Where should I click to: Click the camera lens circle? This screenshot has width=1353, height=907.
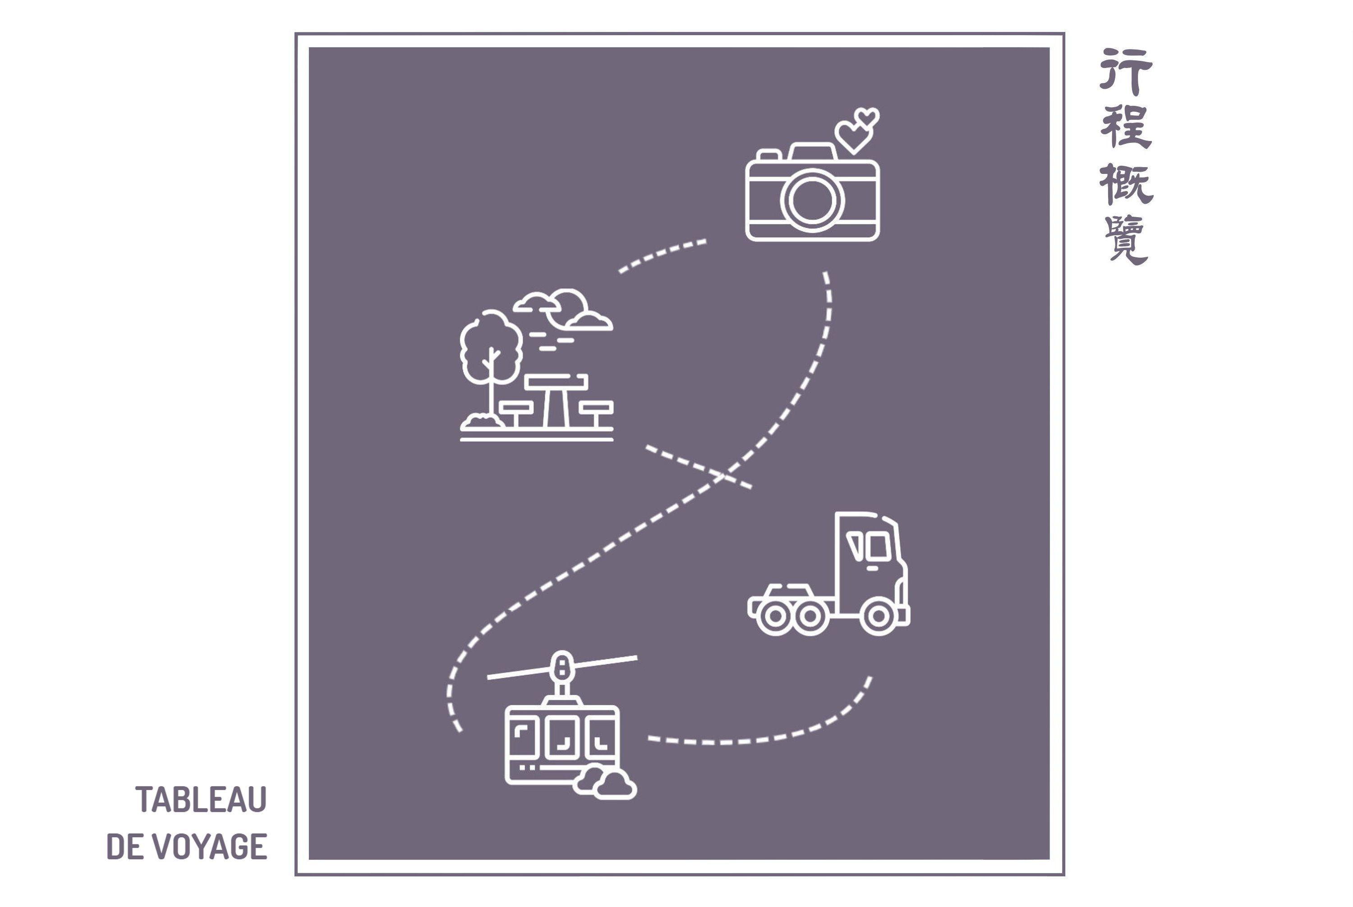(812, 200)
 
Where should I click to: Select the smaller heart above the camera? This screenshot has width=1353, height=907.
(868, 118)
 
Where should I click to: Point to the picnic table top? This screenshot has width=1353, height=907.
(556, 381)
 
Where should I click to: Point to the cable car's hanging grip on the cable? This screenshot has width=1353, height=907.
(561, 668)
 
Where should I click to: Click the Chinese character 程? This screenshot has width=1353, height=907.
(1126, 127)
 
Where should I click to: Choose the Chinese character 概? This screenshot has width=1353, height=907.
(1126, 183)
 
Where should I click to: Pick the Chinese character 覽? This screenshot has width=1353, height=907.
(1126, 240)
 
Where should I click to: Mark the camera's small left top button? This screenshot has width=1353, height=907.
(769, 155)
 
